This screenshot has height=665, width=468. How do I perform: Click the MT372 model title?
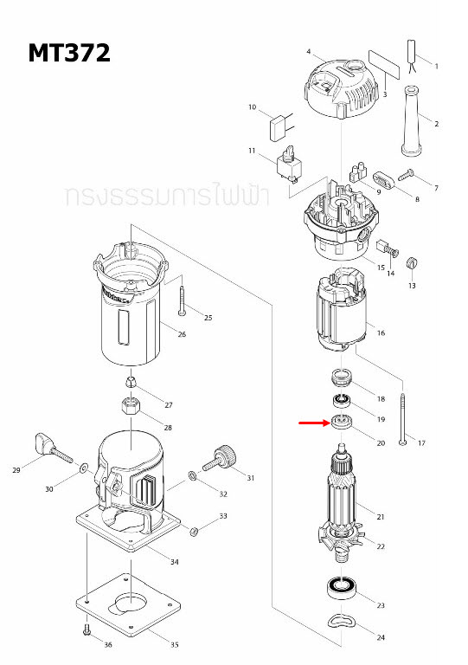point(69,54)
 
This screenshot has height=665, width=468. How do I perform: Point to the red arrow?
point(312,423)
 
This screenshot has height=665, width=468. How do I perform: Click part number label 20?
point(381,442)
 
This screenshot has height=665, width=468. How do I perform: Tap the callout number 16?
point(381,332)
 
